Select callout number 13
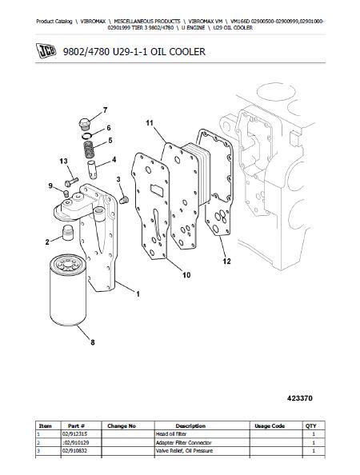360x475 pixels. tap(64, 162)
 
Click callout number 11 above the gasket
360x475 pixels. tap(150, 122)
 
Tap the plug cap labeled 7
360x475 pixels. tap(81, 123)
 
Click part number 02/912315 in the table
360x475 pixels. tap(76, 433)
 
